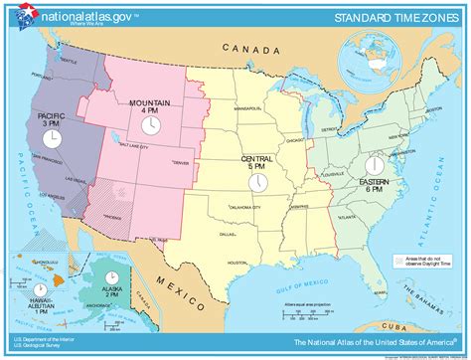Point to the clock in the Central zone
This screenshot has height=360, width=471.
[x=256, y=184]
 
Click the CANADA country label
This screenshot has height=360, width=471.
[x=247, y=47]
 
